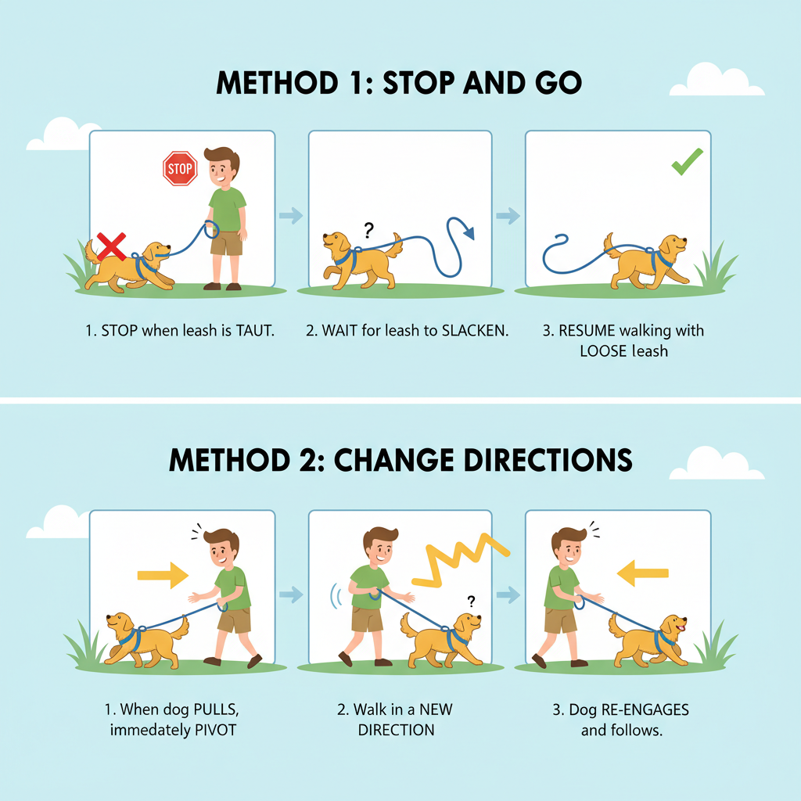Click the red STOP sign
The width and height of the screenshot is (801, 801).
coord(180,168)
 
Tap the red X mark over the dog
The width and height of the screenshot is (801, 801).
coord(112,246)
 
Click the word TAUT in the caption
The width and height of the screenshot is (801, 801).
coord(255,331)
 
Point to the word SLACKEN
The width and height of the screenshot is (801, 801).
coord(475,331)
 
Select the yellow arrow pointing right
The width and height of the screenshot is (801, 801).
coord(163,575)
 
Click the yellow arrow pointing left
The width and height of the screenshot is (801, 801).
coord(643,573)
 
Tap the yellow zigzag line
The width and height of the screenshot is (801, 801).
coord(460,559)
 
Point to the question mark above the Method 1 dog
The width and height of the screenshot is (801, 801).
coord(368,231)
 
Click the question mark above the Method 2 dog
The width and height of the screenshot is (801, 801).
coord(471,602)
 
